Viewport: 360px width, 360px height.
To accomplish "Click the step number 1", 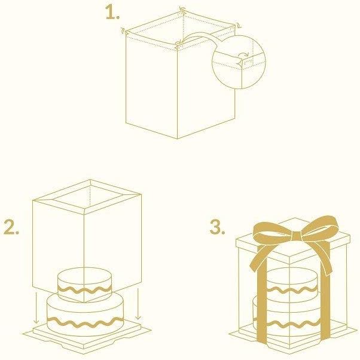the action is [112, 13].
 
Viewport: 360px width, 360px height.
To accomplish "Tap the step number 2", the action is [11, 227].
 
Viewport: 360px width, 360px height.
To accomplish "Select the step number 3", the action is [217, 227].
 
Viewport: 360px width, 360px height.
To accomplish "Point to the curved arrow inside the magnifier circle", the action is [244, 54].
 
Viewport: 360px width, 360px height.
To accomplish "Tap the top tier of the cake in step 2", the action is [84, 283].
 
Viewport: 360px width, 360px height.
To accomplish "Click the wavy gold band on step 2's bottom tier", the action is [85, 322].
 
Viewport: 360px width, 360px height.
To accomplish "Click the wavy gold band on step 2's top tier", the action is [84, 290].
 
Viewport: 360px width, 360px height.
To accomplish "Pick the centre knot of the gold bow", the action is [297, 236].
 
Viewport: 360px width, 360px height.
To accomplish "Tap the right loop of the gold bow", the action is [321, 226].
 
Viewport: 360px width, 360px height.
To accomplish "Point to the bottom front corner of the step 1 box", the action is [178, 139].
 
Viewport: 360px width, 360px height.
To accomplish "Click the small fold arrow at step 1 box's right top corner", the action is [239, 26].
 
